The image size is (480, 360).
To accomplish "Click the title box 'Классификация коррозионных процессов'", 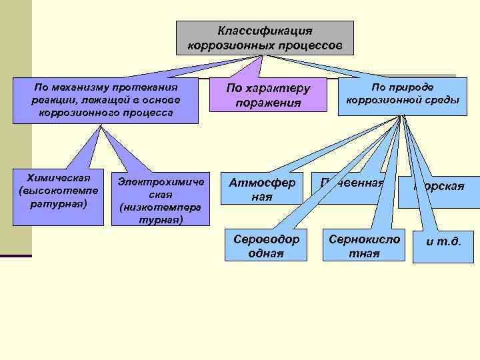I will click(x=265, y=38).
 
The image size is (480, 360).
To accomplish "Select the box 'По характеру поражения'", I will click(x=269, y=95).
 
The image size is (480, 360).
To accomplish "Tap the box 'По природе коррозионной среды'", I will click(x=402, y=95).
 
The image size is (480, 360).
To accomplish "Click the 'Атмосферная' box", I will click(x=262, y=189).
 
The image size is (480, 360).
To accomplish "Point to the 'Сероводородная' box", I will click(x=266, y=246).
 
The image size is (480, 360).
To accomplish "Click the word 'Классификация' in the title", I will click(x=265, y=31).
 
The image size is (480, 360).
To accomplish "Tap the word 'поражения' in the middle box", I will click(x=268, y=103).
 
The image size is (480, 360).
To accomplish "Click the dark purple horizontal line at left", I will click(x=15, y=256).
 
